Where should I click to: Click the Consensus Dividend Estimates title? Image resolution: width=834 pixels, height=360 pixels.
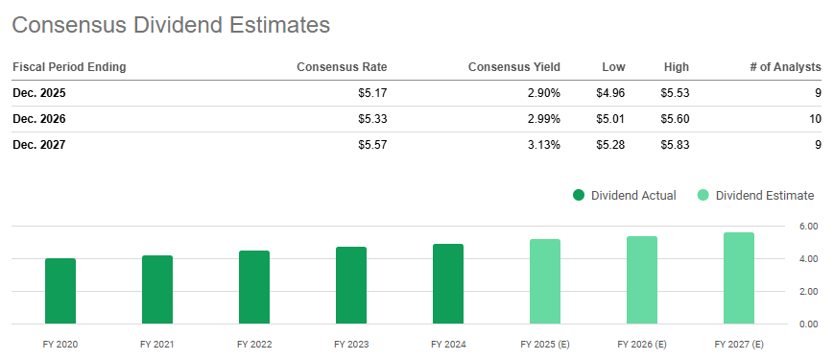(171, 25)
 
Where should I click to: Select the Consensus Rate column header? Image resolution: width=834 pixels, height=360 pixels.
(342, 67)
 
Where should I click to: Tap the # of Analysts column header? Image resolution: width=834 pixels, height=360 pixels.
(784, 67)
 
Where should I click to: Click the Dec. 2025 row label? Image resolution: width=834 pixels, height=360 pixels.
(39, 93)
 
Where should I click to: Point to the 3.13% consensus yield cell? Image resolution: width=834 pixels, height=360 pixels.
(540, 145)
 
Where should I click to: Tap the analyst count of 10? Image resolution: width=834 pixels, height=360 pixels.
(815, 119)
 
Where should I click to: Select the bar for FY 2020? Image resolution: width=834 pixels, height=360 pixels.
(60, 291)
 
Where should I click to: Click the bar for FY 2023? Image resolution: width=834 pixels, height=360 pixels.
(351, 285)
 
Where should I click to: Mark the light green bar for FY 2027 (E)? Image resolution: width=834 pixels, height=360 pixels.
(739, 278)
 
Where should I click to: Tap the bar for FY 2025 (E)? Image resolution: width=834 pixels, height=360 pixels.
(545, 281)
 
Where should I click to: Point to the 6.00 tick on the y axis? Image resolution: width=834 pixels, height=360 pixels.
(808, 227)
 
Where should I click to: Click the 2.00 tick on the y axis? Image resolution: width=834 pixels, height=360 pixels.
(808, 291)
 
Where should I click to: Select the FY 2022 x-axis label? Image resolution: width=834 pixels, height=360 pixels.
(253, 344)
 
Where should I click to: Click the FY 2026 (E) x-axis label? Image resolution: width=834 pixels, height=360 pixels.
(642, 344)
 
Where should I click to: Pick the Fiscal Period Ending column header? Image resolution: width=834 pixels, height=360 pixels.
(69, 67)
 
